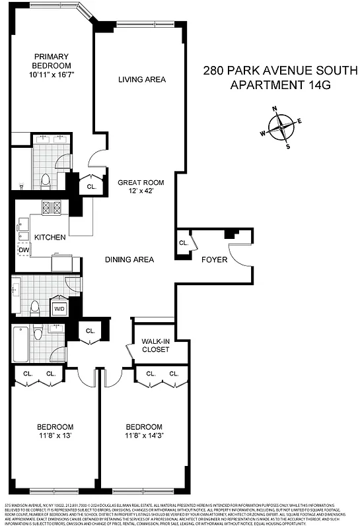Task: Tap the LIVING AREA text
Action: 141,80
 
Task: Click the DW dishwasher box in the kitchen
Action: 23,250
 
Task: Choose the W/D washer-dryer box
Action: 59,308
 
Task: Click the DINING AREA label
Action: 129,259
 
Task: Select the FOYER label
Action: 214,259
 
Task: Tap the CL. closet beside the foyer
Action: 183,243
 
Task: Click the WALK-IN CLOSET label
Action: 155,345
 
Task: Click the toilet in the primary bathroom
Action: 45,179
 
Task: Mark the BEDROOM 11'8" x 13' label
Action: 55,431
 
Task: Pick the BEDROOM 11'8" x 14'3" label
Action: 144,431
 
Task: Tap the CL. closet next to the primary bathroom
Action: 91,187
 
